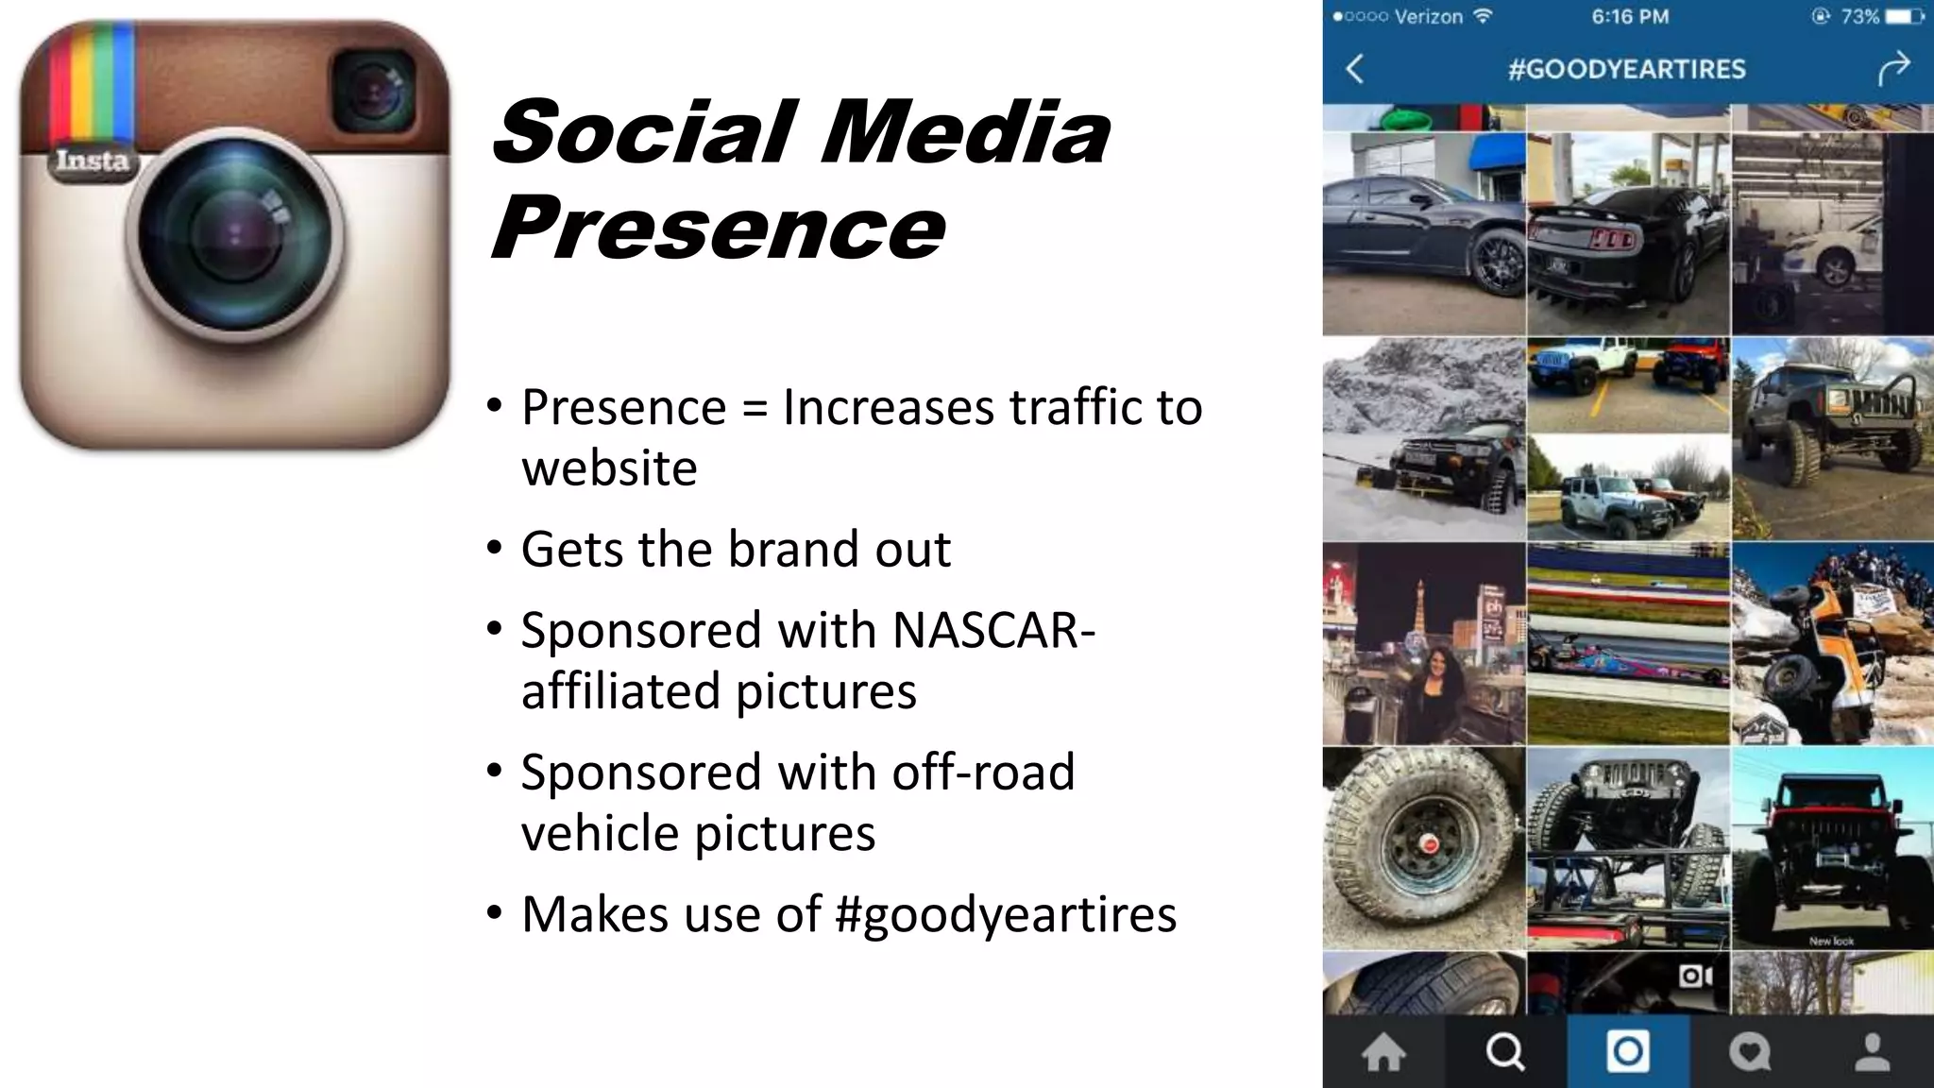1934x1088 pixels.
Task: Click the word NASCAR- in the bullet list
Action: click(992, 630)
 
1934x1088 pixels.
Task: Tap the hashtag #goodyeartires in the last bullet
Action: click(1007, 914)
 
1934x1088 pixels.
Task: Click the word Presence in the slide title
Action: click(718, 228)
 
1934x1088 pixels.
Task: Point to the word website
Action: click(609, 468)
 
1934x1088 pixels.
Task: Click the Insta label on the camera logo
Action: click(92, 161)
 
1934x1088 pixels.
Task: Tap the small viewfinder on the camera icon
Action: click(374, 91)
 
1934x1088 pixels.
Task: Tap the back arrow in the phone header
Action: click(1355, 68)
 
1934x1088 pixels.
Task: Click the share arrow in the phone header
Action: click(1893, 68)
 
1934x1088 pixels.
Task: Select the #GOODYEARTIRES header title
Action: click(1626, 69)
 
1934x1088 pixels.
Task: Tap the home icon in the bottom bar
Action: click(1383, 1052)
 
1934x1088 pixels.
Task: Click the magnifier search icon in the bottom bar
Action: click(1504, 1052)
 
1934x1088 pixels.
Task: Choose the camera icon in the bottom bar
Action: click(1627, 1051)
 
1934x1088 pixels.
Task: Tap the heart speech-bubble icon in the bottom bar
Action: click(1749, 1052)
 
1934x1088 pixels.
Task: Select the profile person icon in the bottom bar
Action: click(1873, 1052)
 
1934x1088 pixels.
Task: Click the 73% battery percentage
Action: click(1859, 17)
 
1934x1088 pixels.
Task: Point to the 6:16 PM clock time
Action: click(1630, 17)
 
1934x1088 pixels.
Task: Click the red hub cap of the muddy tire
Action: click(1430, 842)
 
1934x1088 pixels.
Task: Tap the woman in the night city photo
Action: click(1434, 689)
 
